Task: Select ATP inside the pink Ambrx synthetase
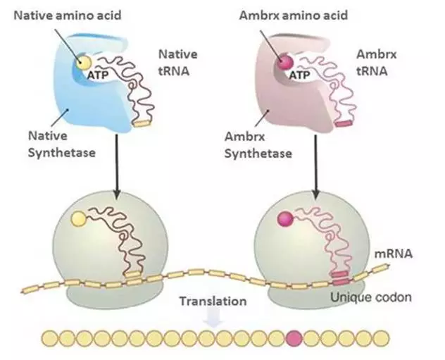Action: (x=300, y=73)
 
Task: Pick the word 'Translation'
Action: (x=213, y=302)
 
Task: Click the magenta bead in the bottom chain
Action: (x=295, y=338)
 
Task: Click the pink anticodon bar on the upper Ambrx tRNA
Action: (x=342, y=124)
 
